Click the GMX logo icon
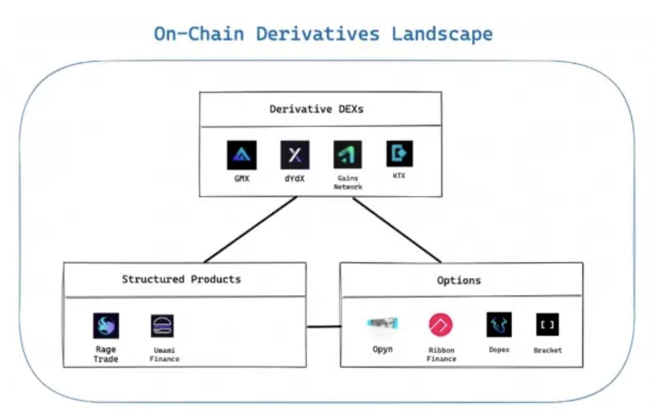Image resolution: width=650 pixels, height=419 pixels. tap(241, 155)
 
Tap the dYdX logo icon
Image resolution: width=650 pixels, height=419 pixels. tap(295, 155)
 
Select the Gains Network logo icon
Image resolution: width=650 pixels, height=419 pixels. tap(347, 155)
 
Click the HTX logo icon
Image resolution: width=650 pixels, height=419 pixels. tap(399, 154)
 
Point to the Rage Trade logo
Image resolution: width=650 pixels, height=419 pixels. tap(106, 326)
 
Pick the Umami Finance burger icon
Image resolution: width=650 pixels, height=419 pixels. tap(162, 326)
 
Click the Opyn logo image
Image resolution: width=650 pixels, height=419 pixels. tap(383, 323)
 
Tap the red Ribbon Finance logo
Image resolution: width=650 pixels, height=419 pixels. tap(440, 325)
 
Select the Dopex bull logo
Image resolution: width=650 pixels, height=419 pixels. tap(498, 325)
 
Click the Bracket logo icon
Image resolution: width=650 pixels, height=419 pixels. tap(547, 324)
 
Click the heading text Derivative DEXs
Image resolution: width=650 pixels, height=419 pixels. tap(317, 110)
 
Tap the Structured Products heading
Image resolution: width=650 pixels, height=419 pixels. tap(181, 279)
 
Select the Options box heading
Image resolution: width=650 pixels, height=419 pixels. tap(458, 280)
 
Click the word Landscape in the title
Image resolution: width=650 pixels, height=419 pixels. tap(442, 34)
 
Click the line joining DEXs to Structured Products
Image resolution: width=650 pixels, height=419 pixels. tap(250, 230)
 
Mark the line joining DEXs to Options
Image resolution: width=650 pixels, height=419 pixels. tap(397, 230)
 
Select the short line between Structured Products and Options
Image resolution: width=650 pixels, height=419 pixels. tap(323, 326)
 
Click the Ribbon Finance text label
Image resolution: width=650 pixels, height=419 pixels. tap(441, 355)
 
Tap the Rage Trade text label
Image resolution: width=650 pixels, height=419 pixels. tap(106, 354)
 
